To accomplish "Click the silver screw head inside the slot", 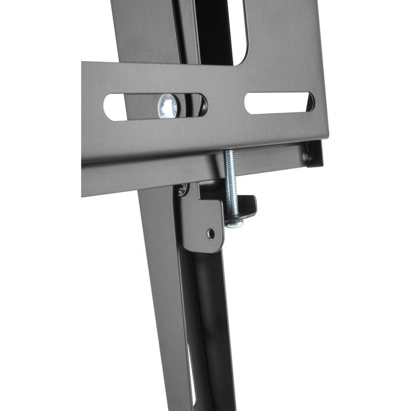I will tap(167, 106).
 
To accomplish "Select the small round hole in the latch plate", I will tap(211, 234).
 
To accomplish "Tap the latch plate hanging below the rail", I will tap(201, 219).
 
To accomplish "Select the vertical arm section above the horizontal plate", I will tap(146, 32).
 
